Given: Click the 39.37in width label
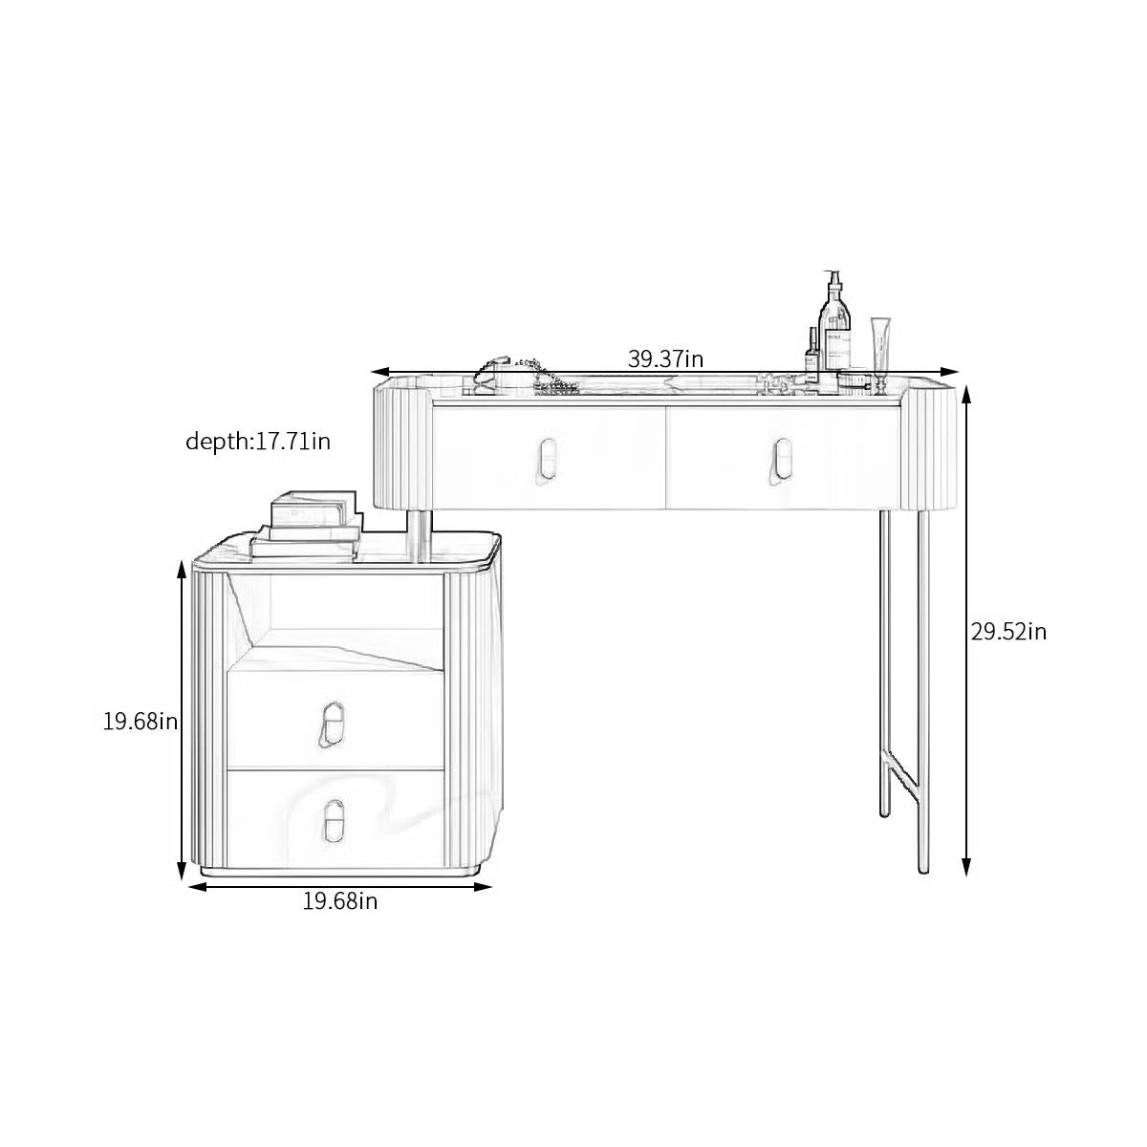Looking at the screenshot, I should [665, 359].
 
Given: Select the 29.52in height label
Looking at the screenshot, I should [1008, 632].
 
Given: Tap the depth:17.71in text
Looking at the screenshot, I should [258, 441].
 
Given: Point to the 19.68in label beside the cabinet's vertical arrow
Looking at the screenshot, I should [141, 722].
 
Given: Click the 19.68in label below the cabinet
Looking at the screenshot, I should [339, 900].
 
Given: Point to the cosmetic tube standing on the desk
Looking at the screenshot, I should [879, 352].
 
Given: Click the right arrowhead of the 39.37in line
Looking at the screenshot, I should [951, 373].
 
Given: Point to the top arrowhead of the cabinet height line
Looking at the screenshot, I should [182, 569].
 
